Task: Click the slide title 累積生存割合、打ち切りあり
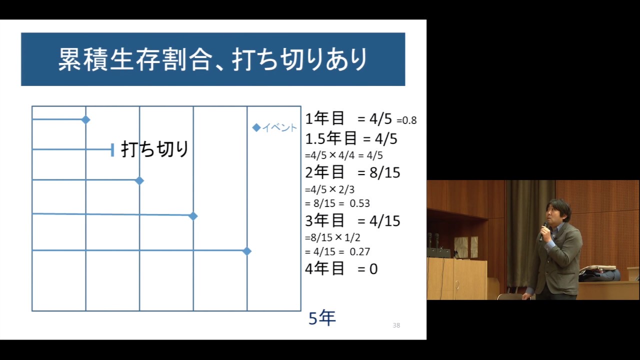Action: point(213,59)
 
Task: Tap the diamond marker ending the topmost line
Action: point(85,119)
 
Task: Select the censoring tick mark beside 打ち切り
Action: point(112,149)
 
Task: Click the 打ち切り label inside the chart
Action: point(155,149)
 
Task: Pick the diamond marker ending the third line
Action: point(139,180)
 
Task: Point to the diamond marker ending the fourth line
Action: point(193,216)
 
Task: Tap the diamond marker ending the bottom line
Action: point(246,251)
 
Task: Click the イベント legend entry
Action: point(275,128)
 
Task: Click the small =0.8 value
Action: point(406,120)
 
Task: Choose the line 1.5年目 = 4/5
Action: point(351,138)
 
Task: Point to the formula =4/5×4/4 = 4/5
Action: point(343,155)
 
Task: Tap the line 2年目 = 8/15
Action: point(352,172)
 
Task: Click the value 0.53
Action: point(359,203)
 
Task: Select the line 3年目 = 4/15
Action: point(352,220)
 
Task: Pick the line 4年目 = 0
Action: point(341,269)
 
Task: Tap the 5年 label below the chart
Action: point(322,318)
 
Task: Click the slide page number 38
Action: point(396,325)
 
